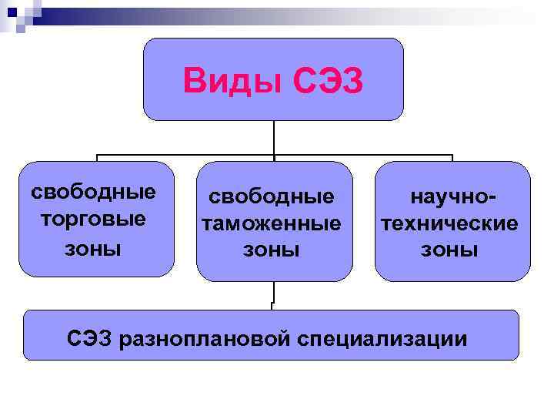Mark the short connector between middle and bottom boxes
tap(273, 295)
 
